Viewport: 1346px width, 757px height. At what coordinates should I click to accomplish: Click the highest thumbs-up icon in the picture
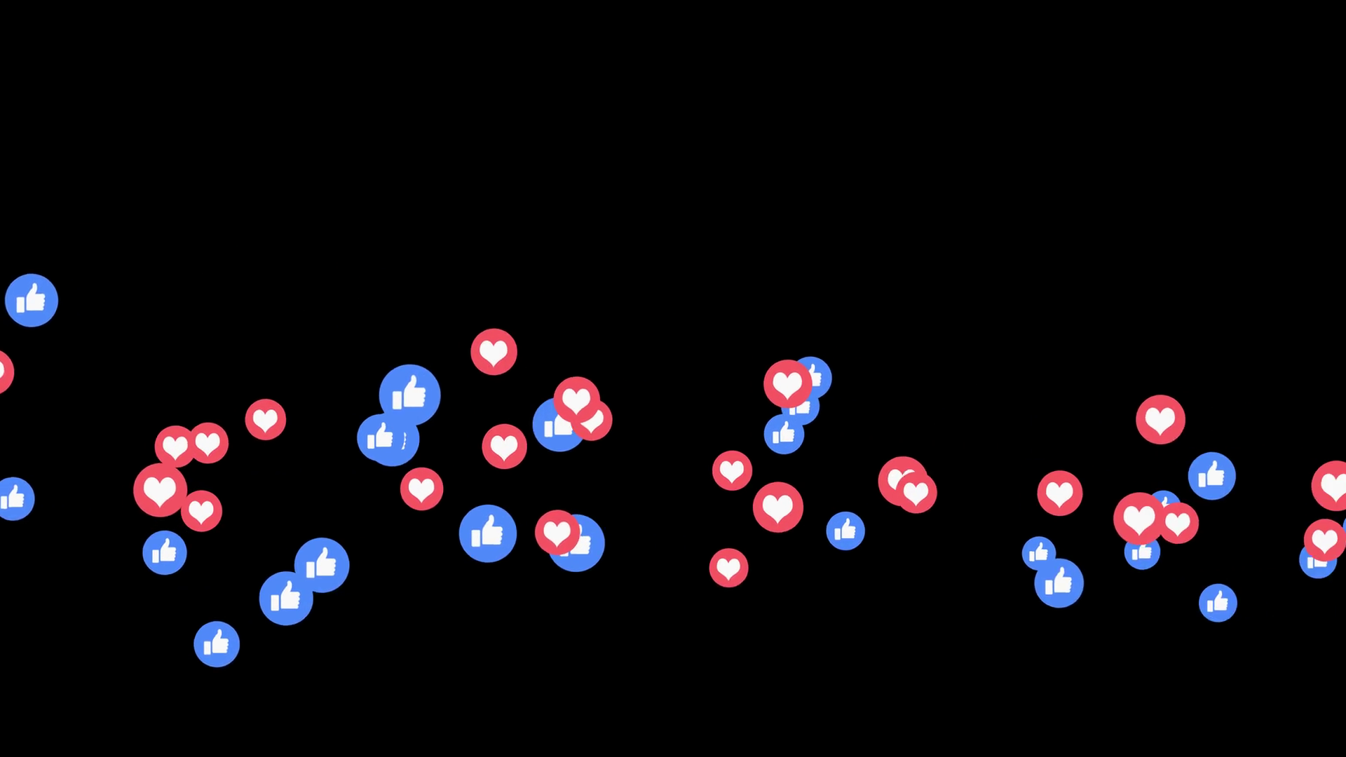(32, 300)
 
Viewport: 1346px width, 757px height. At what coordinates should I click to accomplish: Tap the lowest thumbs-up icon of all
(217, 643)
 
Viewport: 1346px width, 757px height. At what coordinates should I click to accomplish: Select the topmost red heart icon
(494, 352)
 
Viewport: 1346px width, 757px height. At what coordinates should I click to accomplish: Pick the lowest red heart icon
(728, 568)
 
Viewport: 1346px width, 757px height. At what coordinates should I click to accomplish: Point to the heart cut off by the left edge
(4, 371)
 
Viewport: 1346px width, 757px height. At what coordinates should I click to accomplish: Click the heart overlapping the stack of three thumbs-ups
(787, 383)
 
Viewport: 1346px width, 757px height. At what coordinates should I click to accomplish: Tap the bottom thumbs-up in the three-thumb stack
(784, 435)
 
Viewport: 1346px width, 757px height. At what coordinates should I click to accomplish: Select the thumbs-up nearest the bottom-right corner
(1218, 603)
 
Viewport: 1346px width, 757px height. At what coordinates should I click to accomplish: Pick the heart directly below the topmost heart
(504, 446)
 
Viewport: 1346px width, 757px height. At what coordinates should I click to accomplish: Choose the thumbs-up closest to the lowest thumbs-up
(286, 598)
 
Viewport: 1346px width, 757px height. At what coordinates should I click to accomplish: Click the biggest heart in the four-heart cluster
(160, 490)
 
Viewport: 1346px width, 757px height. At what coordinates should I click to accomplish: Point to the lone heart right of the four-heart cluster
(266, 420)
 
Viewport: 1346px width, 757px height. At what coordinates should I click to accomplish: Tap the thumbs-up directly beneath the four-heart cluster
(165, 552)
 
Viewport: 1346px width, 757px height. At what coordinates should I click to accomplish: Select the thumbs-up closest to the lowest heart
(845, 531)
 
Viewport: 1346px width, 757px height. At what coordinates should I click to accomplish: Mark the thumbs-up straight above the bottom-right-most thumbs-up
(1211, 476)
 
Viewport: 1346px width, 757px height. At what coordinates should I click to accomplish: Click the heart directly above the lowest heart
(732, 470)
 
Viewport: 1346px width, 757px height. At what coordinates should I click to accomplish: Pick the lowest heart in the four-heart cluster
(201, 511)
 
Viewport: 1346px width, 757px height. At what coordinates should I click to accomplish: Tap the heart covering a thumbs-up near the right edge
(1324, 540)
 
